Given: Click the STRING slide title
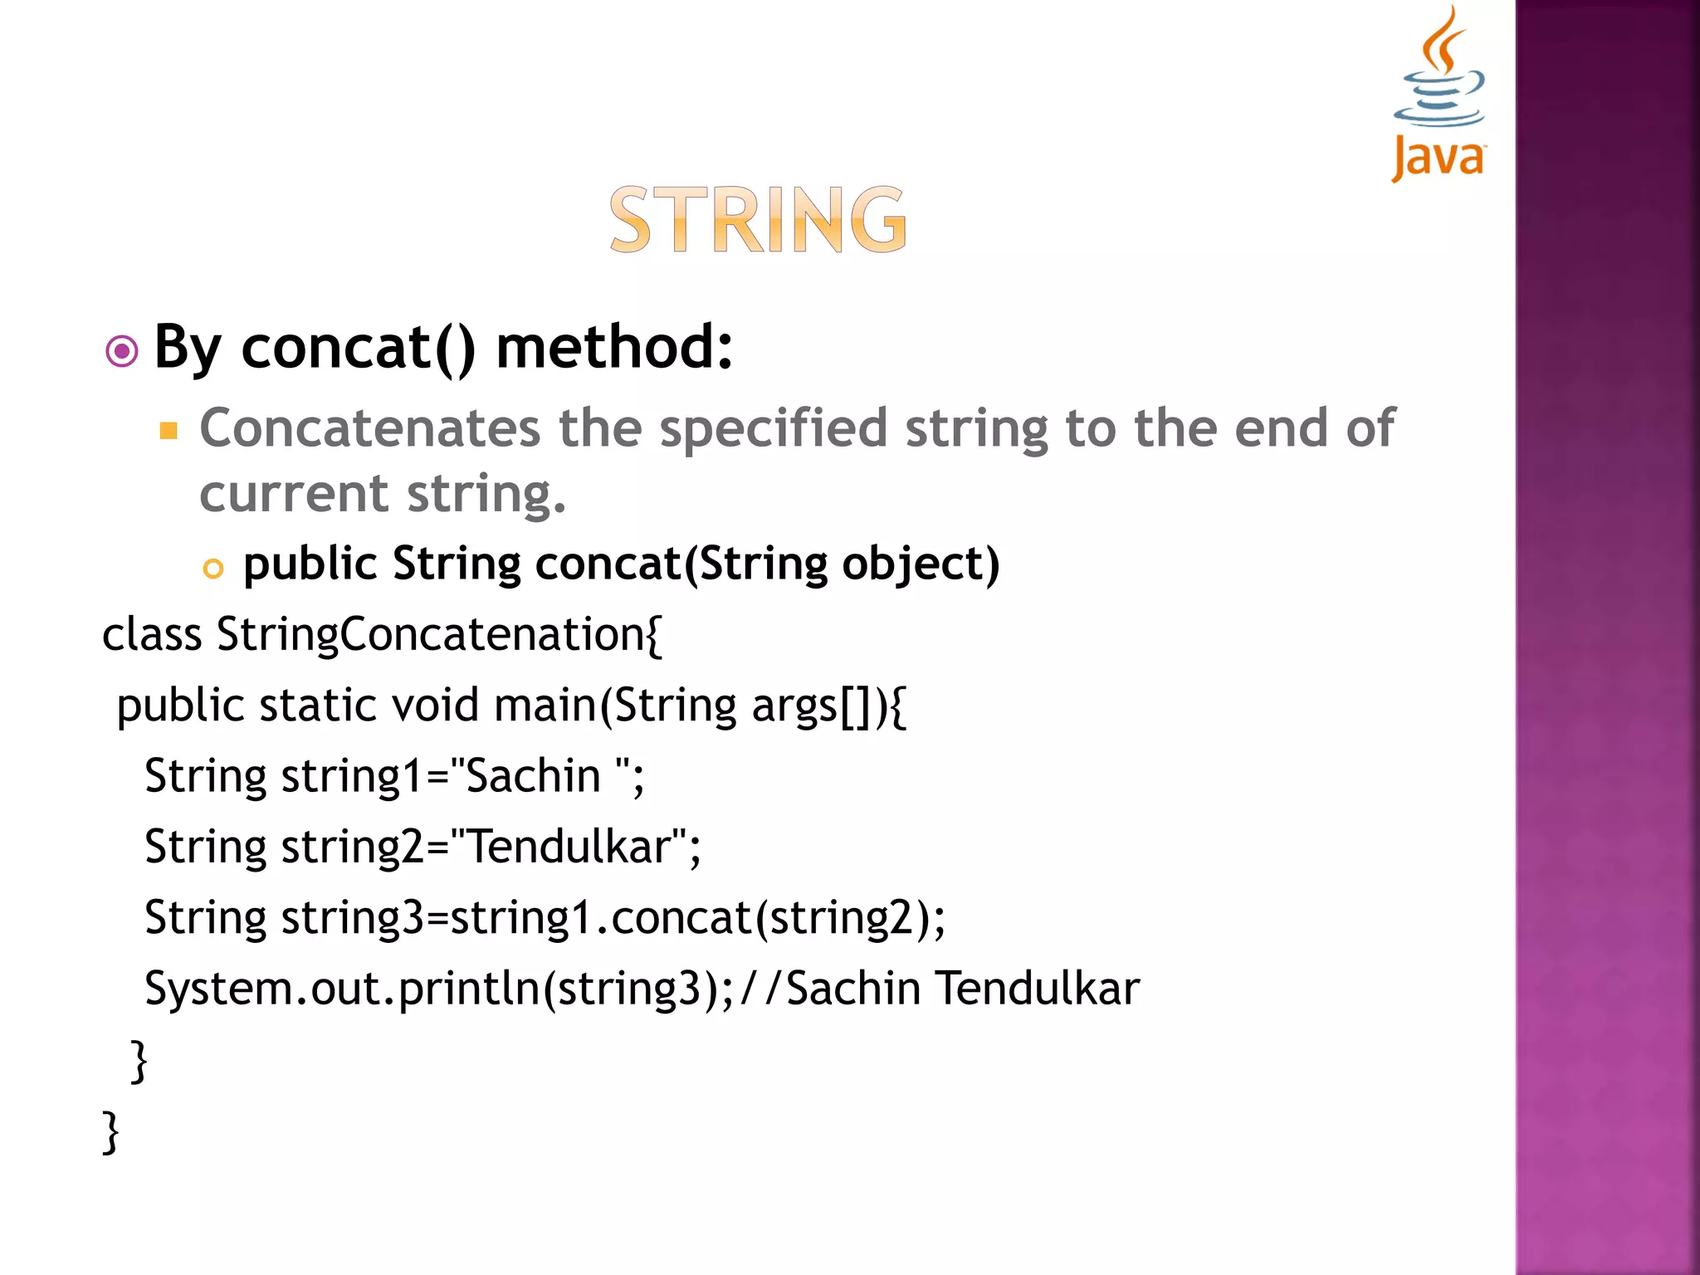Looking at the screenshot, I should coord(758,220).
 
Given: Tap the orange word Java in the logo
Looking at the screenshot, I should coord(1439,158).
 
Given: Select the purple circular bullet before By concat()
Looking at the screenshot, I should coord(122,351).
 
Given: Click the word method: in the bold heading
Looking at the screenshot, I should coord(614,347).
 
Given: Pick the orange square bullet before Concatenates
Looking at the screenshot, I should coord(169,430).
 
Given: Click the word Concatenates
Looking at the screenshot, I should coord(370,428).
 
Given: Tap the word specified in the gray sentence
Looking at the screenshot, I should coord(773,428).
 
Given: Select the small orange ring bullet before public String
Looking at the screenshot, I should coord(213,569).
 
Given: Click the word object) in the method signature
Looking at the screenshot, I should coord(920,564).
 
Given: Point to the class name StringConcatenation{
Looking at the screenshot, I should coord(439,635).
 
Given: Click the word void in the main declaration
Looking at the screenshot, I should coord(435,706).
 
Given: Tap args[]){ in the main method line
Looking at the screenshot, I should coord(828,706).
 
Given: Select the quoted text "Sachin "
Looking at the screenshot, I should coord(540,777).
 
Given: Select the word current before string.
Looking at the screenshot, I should coord(293,494).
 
